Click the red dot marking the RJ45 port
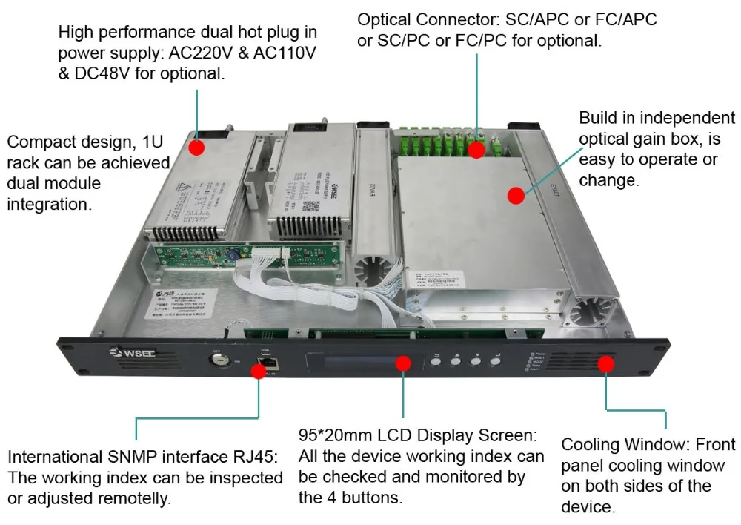258,370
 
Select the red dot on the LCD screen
402,363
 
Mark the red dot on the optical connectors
476,149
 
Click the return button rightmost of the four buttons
496,362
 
